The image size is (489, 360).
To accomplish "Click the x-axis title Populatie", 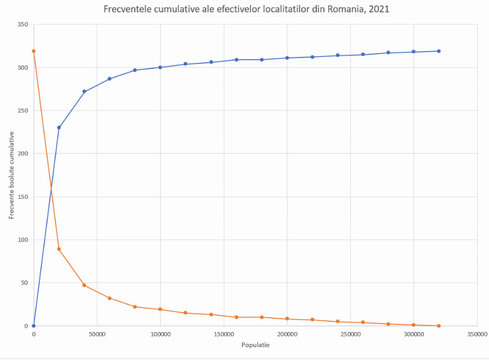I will [x=255, y=345].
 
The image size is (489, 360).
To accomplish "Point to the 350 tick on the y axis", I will [x=22, y=25].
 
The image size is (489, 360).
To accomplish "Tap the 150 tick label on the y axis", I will [x=22, y=197].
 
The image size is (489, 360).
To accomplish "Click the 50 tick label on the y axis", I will [x=24, y=283].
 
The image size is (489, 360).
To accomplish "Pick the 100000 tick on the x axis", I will [x=160, y=334].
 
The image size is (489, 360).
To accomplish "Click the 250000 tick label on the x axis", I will [x=350, y=334].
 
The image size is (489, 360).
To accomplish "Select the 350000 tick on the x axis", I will [x=477, y=334].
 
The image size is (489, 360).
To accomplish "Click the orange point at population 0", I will [x=34, y=51].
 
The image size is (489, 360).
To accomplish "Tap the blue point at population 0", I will [x=34, y=326].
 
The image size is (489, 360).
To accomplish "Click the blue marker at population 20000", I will [x=59, y=127].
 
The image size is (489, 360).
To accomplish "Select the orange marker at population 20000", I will [x=59, y=249].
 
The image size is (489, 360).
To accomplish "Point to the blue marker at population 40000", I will [x=84, y=91].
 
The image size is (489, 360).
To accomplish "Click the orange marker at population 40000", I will [x=84, y=285].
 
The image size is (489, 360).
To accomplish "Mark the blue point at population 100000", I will [x=160, y=67].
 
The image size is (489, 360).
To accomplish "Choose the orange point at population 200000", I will [x=287, y=319].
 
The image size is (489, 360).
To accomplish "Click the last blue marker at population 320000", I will [x=439, y=51].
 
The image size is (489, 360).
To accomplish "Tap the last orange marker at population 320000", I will [x=439, y=326].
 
